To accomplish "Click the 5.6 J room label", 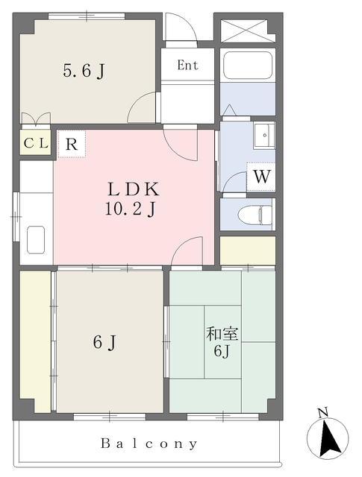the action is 84,72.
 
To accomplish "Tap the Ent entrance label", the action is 187,65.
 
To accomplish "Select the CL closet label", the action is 36,143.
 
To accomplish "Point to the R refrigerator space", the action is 72,144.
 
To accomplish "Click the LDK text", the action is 133,189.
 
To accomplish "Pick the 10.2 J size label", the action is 131,209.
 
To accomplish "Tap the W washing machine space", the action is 261,177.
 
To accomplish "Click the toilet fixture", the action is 255,215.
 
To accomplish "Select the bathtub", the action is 247,65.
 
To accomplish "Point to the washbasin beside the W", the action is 264,135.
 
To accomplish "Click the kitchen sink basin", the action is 36,240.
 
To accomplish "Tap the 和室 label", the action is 222,334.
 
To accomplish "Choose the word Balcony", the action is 149,443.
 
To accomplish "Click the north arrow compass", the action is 328,438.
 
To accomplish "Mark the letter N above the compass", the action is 323,412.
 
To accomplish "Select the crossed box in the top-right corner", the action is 244,31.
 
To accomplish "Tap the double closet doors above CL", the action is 36,119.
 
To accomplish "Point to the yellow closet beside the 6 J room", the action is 35,341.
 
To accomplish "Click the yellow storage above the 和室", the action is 248,250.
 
